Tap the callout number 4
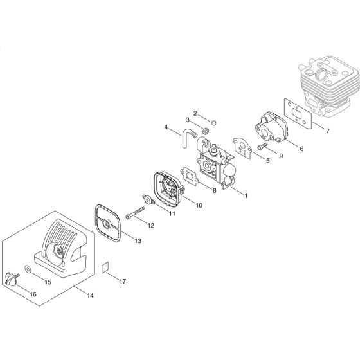[x=166, y=127]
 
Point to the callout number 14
[x=89, y=295]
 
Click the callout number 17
[x=123, y=282]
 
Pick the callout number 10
[x=199, y=206]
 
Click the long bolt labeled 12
[x=138, y=215]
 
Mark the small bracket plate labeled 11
[x=150, y=200]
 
